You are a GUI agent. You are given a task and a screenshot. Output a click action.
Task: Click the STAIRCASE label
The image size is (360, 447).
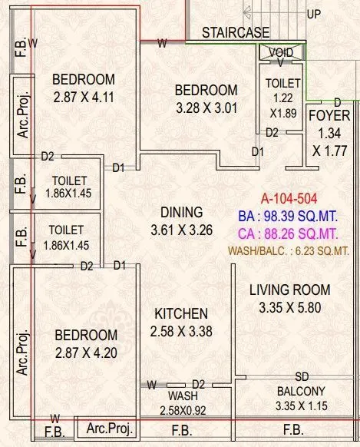236,32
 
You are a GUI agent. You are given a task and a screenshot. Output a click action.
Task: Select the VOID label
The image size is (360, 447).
282,52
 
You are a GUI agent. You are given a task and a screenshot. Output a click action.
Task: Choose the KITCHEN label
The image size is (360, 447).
181,313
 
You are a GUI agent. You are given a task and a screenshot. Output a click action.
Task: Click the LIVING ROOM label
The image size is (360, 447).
290,290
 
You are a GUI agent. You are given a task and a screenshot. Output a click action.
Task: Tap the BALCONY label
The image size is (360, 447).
302,390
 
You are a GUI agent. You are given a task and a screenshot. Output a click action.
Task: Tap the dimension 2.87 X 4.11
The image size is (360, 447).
83,98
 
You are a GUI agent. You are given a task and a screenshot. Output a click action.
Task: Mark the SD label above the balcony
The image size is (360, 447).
302,377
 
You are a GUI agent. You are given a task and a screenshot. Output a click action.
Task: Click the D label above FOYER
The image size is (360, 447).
337,102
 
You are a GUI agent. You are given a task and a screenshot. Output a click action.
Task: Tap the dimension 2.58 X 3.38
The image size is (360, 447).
181,332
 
